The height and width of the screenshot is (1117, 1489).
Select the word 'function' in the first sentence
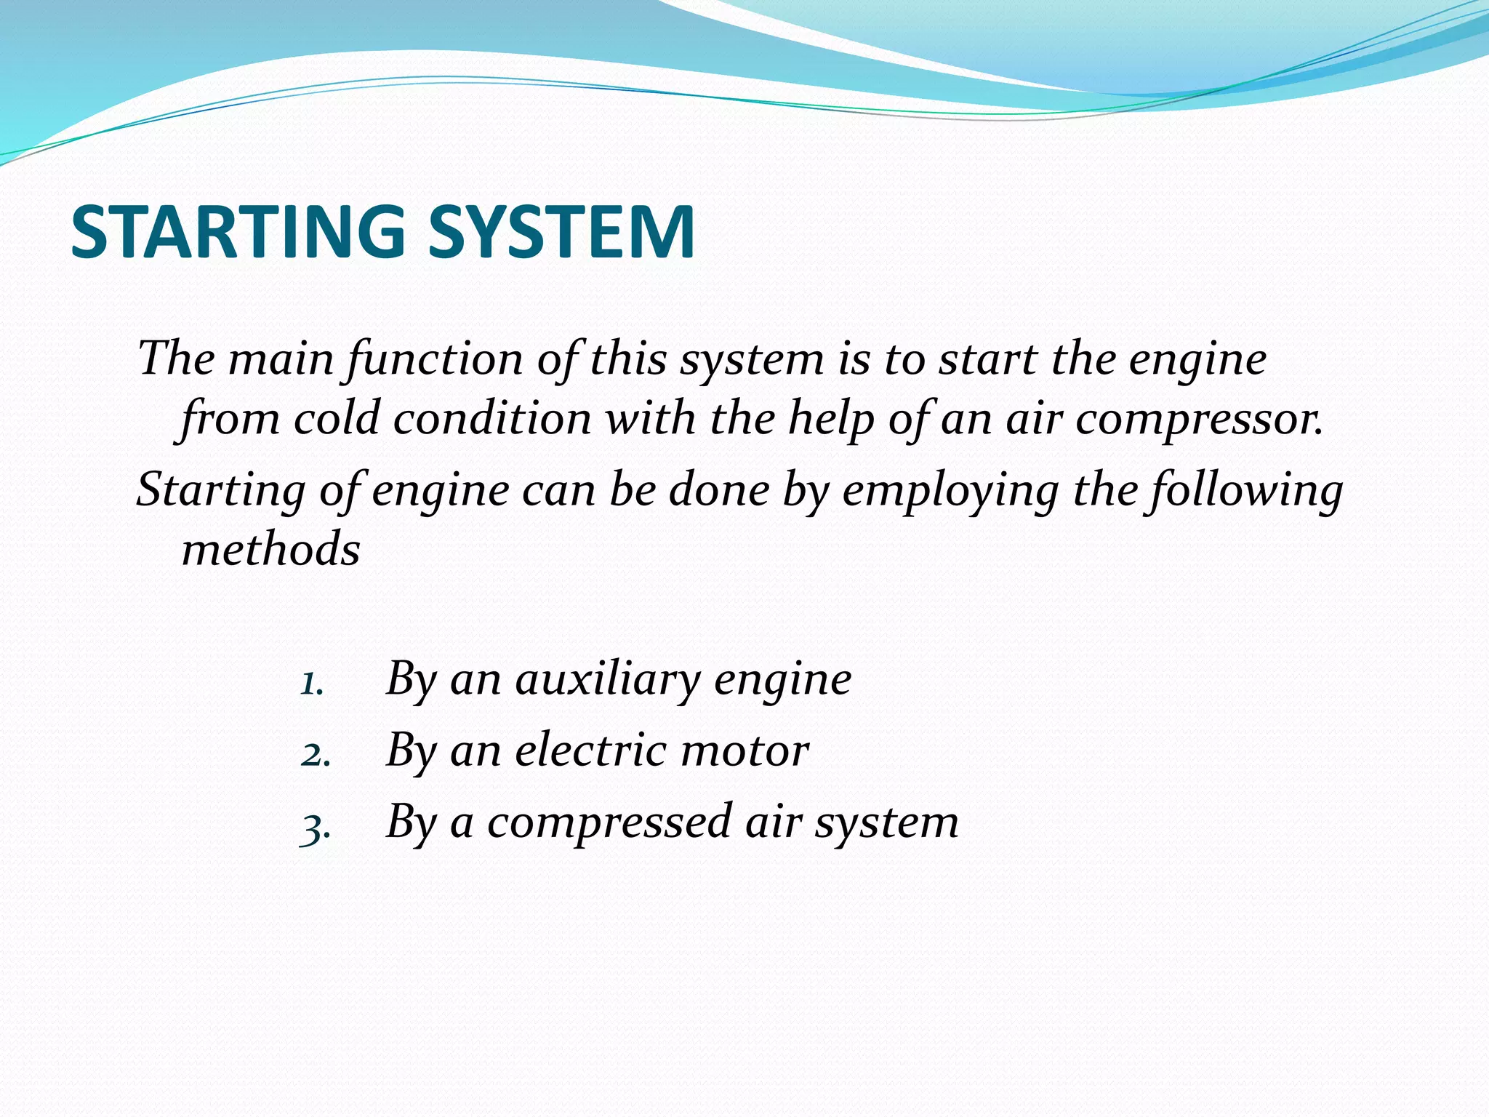click(435, 359)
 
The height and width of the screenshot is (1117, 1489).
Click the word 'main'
click(281, 359)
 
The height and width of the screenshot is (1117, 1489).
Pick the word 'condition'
click(492, 420)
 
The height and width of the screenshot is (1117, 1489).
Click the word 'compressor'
click(1199, 420)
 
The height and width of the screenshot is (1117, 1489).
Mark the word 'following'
click(1244, 490)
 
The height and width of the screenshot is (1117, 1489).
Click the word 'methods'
click(270, 549)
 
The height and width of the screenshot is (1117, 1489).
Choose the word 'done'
click(718, 490)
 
